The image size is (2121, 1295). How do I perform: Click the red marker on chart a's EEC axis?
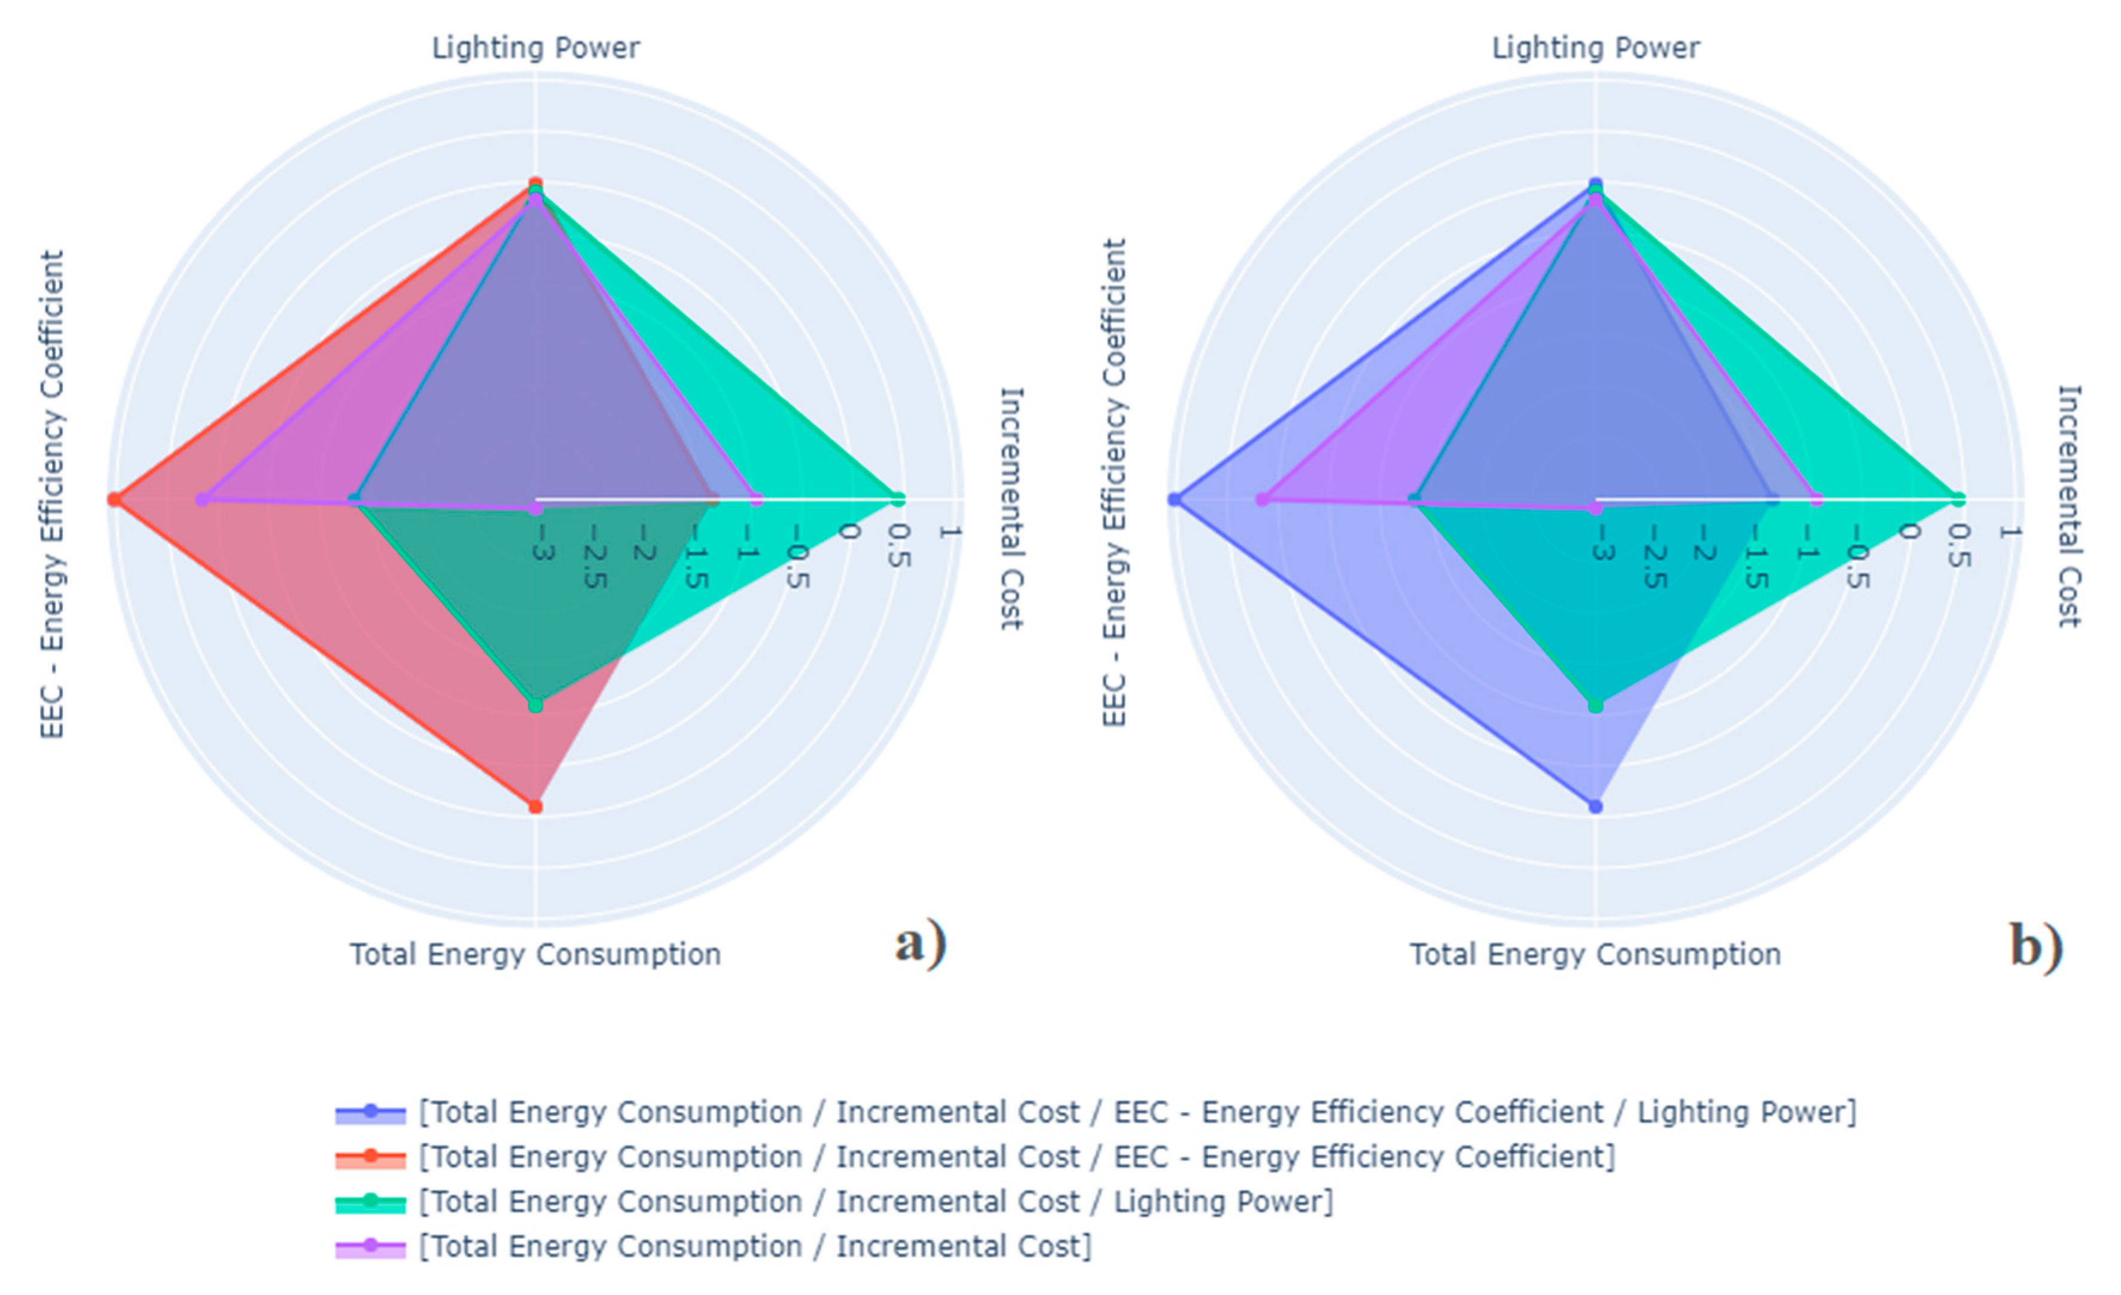click(114, 500)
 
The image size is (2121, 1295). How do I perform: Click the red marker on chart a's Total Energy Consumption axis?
click(535, 807)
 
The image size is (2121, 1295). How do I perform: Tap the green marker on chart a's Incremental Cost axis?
click(898, 499)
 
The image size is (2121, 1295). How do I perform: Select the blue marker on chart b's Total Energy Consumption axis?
click(1595, 807)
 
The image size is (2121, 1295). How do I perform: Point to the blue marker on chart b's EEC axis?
click(1174, 500)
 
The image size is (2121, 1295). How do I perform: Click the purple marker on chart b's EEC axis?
click(1262, 500)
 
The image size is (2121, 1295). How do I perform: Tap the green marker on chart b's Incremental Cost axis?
click(1958, 499)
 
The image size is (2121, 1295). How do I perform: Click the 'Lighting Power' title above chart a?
click(535, 47)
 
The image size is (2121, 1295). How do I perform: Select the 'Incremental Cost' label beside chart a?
click(1011, 508)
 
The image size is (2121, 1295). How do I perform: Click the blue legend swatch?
click(370, 1113)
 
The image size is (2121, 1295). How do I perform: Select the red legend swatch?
click(370, 1157)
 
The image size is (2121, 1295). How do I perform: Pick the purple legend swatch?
click(370, 1246)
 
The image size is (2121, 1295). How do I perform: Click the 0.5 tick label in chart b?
click(1958, 546)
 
